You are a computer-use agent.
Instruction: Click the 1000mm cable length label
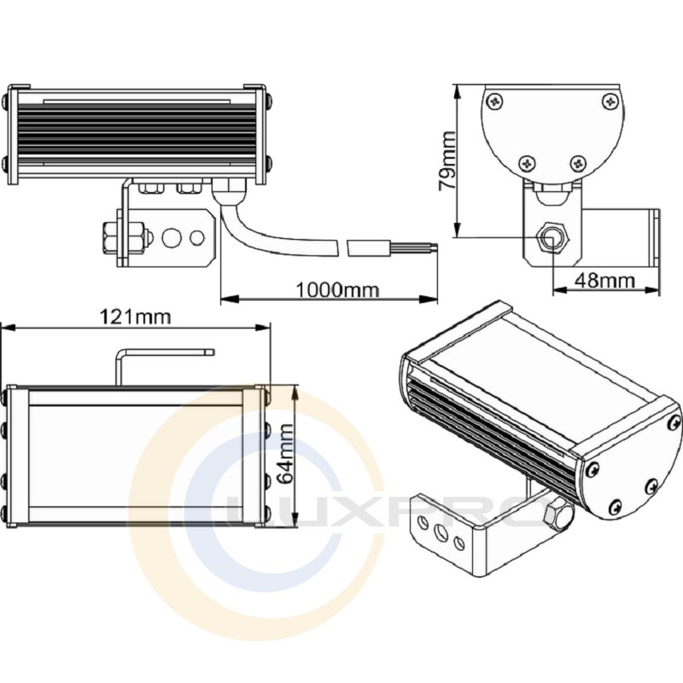coord(337,289)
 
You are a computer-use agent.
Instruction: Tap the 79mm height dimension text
coord(447,160)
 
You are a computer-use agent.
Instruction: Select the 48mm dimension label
coord(604,280)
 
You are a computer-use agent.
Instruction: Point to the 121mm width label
coord(135,317)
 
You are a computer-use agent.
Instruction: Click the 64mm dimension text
coord(286,454)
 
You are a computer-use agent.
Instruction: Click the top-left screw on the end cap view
coord(495,102)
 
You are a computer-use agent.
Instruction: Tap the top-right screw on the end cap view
coord(610,102)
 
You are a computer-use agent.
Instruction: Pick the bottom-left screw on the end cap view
coord(528,163)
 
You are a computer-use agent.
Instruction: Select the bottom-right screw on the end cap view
coord(579,163)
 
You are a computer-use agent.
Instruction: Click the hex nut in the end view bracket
coord(551,238)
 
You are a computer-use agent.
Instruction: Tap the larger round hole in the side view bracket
coord(172,237)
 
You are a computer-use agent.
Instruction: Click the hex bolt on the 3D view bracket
coord(557,515)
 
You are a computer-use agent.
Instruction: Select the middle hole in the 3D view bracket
coord(441,532)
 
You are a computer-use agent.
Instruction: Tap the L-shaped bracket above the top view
coord(164,366)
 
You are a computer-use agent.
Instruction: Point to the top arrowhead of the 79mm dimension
coord(457,92)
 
